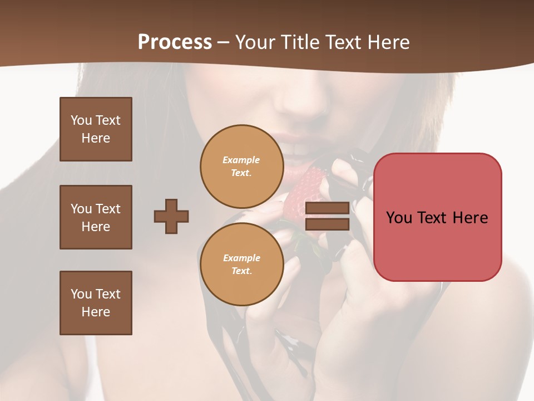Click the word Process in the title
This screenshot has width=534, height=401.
click(x=175, y=42)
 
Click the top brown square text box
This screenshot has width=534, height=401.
click(x=96, y=129)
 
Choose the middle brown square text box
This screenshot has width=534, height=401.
click(x=96, y=217)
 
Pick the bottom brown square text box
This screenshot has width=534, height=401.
click(x=96, y=303)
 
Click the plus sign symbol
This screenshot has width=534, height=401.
click(x=171, y=216)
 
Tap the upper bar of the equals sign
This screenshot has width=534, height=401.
click(x=327, y=208)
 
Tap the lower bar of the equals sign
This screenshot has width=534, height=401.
click(x=327, y=224)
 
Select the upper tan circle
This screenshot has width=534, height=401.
click(x=241, y=166)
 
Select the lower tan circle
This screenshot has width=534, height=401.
click(x=241, y=264)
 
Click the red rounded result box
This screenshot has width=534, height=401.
click(x=437, y=217)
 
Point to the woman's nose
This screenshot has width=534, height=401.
click(x=303, y=103)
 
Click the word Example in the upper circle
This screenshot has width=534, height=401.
click(x=241, y=160)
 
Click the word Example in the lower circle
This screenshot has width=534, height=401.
click(x=241, y=258)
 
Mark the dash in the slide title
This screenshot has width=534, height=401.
click(x=224, y=43)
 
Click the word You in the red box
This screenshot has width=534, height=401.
click(x=399, y=217)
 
